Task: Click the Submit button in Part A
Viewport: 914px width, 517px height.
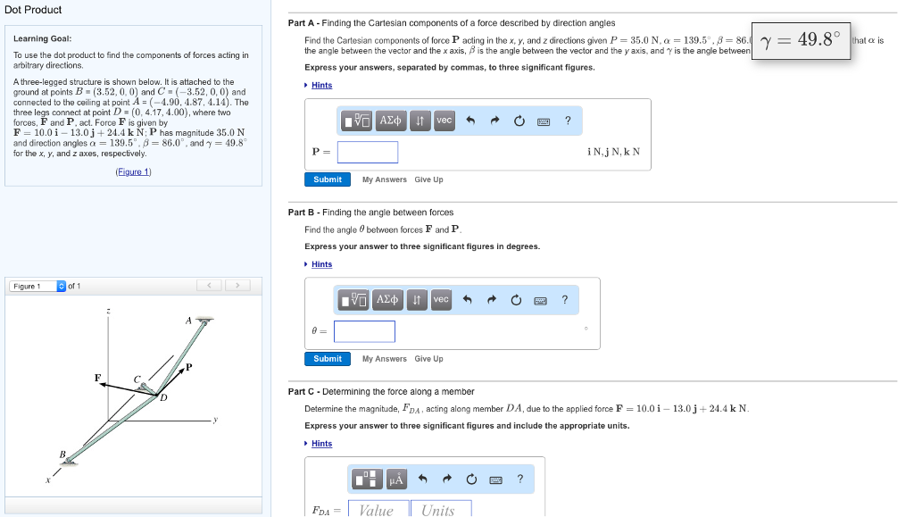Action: [328, 179]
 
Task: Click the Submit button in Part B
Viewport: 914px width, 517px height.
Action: [328, 359]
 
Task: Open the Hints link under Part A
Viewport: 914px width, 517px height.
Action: [321, 86]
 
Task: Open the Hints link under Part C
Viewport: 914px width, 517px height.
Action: [321, 444]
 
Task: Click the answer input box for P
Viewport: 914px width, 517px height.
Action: [368, 152]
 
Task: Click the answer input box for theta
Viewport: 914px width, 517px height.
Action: [365, 331]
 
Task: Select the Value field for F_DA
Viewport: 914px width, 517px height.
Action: [376, 509]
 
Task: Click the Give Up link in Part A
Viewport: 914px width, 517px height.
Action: [428, 179]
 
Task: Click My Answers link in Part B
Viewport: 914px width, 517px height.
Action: [384, 359]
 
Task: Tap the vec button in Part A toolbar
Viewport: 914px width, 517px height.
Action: [444, 121]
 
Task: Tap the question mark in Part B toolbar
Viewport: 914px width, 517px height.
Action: [564, 300]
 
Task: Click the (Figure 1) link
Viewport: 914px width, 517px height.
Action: [134, 171]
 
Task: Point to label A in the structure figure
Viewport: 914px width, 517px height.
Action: [188, 320]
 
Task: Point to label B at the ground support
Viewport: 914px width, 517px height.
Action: [62, 454]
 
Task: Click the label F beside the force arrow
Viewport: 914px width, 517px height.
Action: [98, 378]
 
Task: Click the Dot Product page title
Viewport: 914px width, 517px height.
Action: [33, 10]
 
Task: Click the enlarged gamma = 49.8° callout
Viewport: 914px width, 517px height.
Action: [801, 40]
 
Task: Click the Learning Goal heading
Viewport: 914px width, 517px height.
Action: [42, 39]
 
